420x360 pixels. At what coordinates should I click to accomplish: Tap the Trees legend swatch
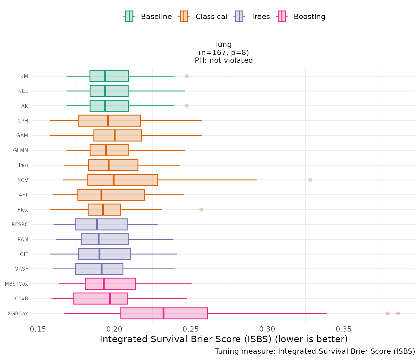239,16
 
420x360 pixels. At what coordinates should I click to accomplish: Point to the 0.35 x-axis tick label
344,329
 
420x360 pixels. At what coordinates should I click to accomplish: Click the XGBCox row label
18,313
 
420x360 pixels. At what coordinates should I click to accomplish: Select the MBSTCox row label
16,284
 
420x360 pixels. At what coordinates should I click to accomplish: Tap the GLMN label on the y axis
21,151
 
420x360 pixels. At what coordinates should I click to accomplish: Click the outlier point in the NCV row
310,180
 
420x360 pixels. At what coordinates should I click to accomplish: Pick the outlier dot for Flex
201,210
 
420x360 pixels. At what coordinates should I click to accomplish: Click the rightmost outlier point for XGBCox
398,313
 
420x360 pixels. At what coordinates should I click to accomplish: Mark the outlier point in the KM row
187,76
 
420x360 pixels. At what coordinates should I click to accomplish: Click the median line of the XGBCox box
163,313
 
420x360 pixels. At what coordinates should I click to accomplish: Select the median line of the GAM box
115,136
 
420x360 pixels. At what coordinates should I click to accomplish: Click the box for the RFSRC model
101,224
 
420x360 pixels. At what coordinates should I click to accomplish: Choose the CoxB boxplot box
100,298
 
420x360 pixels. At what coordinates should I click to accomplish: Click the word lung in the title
224,45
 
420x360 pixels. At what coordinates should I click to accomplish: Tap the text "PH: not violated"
224,61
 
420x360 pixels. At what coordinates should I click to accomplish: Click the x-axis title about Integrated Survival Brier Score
224,339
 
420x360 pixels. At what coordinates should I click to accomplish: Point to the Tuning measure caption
315,352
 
